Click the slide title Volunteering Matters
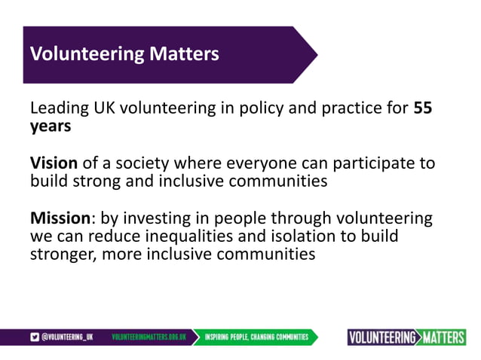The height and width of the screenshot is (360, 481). coord(124,54)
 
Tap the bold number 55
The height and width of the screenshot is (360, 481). coord(423,108)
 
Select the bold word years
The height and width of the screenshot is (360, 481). coord(51,126)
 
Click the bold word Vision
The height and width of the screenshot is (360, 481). coord(53,163)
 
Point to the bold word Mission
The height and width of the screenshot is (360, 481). coord(60,218)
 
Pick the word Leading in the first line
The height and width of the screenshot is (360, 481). coord(59,108)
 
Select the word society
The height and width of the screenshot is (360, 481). coord(139,163)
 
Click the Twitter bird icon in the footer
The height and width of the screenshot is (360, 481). coord(34,337)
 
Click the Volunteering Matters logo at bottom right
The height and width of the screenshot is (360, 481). coord(406,337)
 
